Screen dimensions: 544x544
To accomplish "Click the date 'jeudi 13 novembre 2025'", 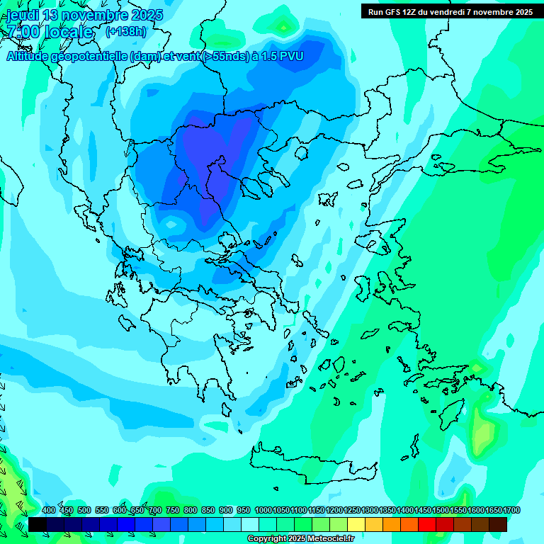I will click(85, 15).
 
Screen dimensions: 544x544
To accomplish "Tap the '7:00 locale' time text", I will click(50, 32).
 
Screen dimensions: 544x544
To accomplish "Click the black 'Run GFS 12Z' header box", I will click(450, 11).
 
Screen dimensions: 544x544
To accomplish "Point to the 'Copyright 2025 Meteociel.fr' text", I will click(300, 538).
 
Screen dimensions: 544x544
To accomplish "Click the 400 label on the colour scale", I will click(49, 510).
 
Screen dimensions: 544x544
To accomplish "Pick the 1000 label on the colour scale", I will click(263, 510).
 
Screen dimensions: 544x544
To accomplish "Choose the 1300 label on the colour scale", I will click(370, 510).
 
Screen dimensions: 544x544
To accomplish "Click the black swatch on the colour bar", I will click(38, 524).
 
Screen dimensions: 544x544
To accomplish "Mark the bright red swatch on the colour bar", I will click(427, 524).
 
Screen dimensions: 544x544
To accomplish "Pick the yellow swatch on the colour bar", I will click(356, 524).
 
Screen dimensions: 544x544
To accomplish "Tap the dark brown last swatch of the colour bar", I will click(498, 524).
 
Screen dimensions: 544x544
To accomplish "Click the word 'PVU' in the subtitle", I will click(290, 57).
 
